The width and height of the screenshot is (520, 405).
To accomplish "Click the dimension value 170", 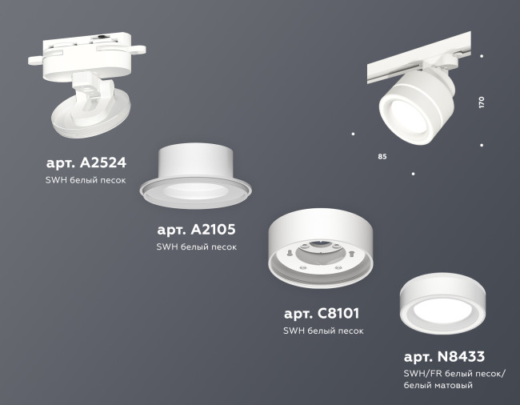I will (x=482, y=102).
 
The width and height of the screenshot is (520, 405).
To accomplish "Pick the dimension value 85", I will (x=382, y=156).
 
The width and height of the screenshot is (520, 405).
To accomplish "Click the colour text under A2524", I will (x=86, y=182).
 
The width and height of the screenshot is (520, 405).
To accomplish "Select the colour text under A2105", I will (x=196, y=247).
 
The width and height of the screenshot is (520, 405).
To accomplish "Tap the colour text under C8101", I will (x=323, y=331).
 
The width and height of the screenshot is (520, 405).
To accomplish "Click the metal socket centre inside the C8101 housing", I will (x=320, y=251).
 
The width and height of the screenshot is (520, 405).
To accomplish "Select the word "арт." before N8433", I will (x=418, y=356).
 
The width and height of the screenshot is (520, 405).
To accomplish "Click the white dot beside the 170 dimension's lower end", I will (x=482, y=145).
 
